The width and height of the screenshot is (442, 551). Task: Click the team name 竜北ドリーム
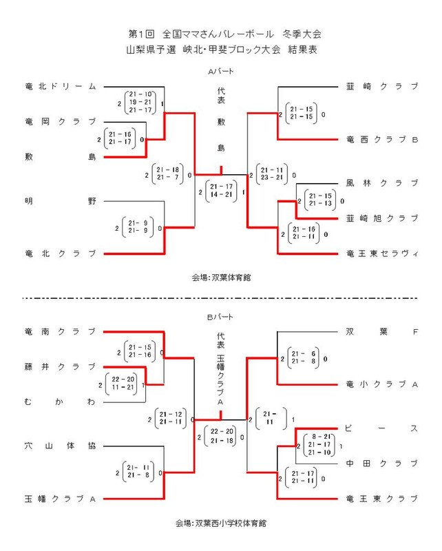click(59, 87)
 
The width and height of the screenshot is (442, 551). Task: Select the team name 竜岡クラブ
click(59, 121)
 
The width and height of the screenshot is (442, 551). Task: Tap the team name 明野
click(59, 201)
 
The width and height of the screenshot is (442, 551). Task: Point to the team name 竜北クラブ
click(59, 253)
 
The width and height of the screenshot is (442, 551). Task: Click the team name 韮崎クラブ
click(382, 87)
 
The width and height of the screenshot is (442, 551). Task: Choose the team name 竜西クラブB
click(382, 140)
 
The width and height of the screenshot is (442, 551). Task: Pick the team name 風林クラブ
click(382, 183)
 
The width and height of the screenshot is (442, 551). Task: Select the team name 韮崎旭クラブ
click(382, 218)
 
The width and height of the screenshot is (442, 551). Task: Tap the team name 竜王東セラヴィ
click(382, 253)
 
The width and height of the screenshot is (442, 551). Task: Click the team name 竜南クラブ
click(59, 331)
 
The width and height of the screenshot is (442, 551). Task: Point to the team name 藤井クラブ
click(59, 366)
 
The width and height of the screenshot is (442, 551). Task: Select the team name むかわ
click(59, 401)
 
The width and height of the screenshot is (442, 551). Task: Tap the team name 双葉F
click(382, 331)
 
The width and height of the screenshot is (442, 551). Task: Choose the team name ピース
click(382, 428)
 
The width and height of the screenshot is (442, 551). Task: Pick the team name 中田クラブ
click(382, 463)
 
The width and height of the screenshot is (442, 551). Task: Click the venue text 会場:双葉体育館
click(221, 278)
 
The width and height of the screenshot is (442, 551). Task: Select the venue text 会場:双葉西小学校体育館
click(221, 523)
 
